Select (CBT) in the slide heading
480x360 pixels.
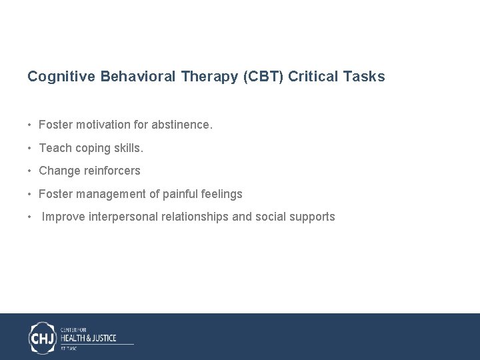click(263, 77)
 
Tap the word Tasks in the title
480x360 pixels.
click(363, 77)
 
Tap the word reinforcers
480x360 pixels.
click(112, 171)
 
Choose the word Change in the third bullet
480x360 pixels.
click(59, 171)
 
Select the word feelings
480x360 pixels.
click(222, 194)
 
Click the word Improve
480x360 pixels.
click(63, 217)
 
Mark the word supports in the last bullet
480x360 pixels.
click(312, 217)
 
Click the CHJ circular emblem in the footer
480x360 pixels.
click(43, 337)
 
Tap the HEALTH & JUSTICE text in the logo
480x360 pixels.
click(88, 338)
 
